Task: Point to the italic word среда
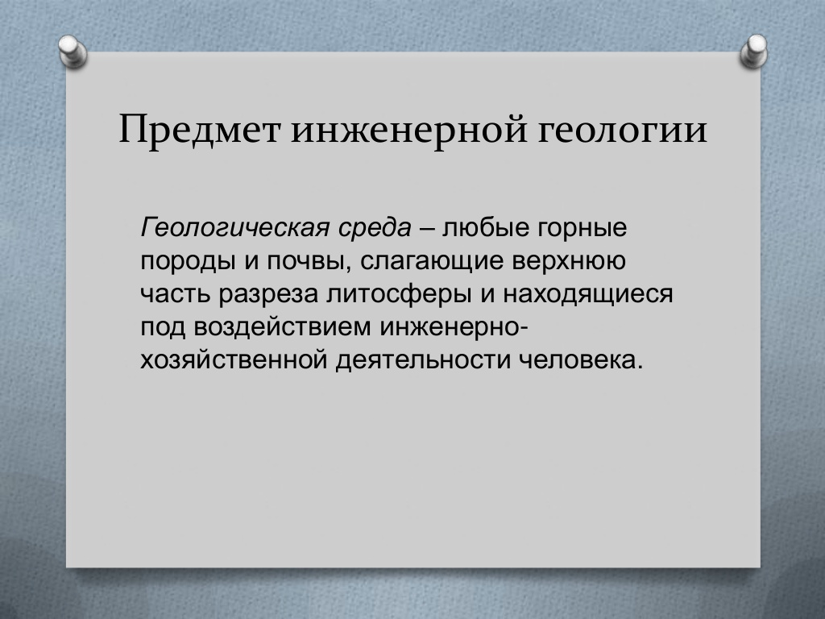coord(374,229)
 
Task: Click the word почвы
coord(309,262)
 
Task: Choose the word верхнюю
coord(569,261)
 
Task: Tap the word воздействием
coord(283,327)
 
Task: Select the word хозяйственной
coord(234,360)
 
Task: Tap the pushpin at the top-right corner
coord(754,52)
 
